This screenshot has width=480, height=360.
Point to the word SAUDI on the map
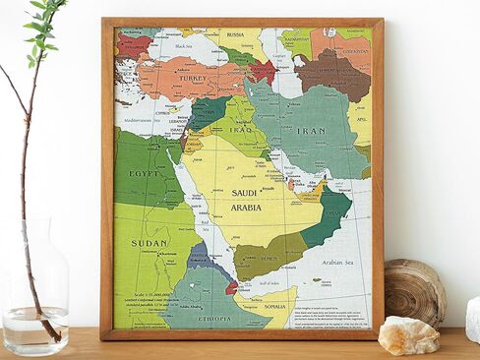(x=246, y=193)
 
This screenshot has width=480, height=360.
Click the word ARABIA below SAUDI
(x=246, y=208)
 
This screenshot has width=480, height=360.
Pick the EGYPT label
(x=145, y=173)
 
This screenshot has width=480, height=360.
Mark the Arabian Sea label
(x=336, y=263)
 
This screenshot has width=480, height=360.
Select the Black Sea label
(x=183, y=45)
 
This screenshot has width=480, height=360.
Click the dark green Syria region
(x=207, y=110)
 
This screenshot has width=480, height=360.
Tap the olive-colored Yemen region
(x=267, y=255)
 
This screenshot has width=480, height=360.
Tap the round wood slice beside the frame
(x=414, y=291)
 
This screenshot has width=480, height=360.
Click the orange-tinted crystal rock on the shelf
(x=408, y=335)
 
